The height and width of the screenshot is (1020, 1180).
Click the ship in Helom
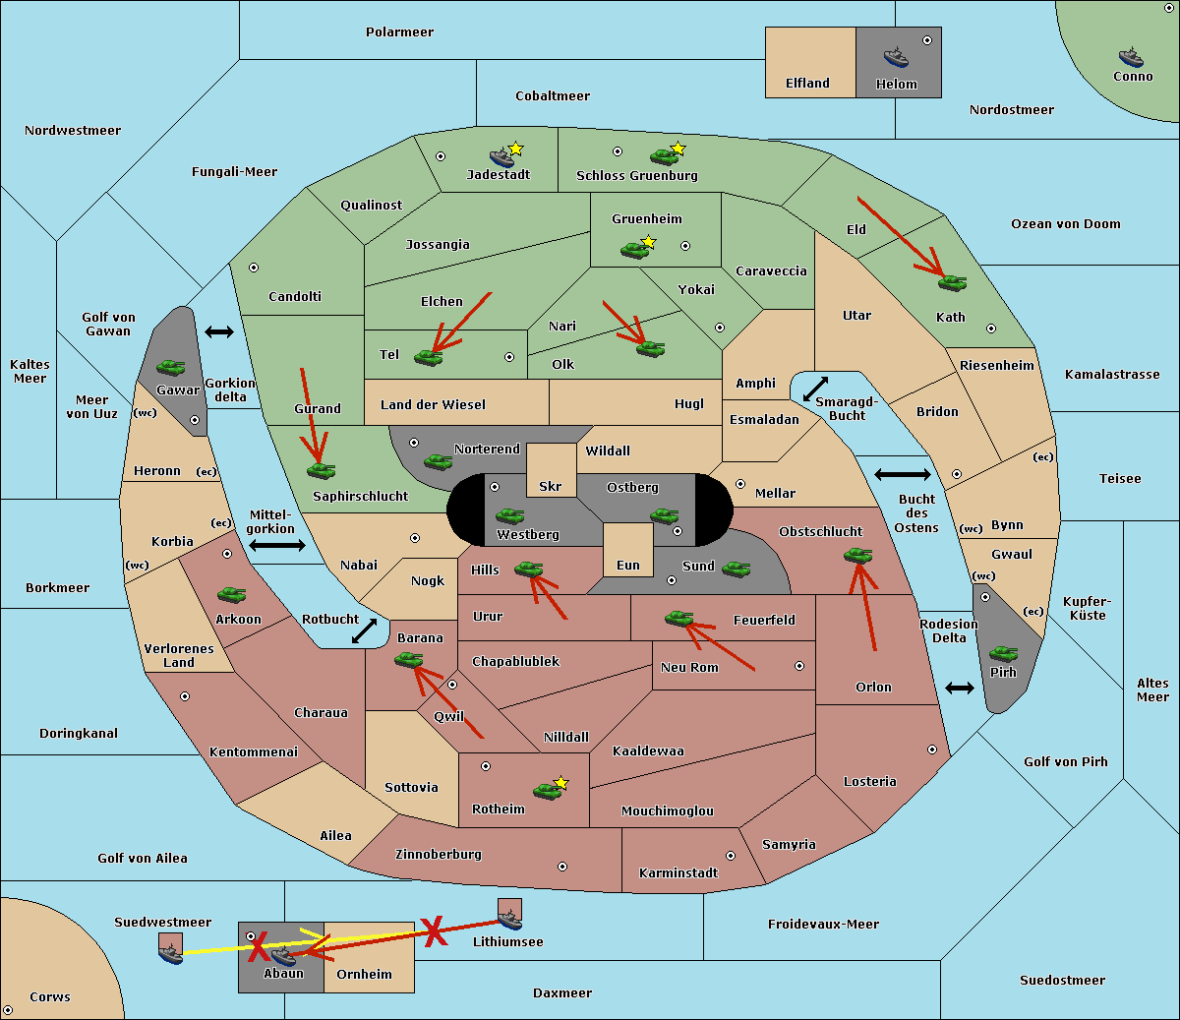coord(896,57)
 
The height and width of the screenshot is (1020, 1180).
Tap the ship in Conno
coord(1131,57)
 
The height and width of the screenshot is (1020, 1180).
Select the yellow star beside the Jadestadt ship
coord(515,149)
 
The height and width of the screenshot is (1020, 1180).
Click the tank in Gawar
coord(171,367)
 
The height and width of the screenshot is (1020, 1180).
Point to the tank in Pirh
coord(1004,653)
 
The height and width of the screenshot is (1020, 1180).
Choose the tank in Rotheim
coord(547,791)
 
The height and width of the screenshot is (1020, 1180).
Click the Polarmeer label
coord(399,32)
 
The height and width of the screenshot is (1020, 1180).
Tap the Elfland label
coord(807,84)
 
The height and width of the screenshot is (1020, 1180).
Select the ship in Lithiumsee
coord(509,920)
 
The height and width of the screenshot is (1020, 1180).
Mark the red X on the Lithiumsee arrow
coord(434,931)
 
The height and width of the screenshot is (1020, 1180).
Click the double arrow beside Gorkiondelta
coord(219,331)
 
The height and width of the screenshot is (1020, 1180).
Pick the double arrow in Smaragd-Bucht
coord(815,389)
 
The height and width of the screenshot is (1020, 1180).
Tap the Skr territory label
coord(551,486)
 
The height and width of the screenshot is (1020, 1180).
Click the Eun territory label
coord(628,565)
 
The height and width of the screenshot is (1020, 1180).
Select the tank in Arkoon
coord(232,595)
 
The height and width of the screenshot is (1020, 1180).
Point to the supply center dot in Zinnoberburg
coord(562,867)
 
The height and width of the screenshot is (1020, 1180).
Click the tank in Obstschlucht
coord(858,555)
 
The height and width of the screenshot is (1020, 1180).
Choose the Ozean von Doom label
coord(1066,224)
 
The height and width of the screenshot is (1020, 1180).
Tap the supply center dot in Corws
coord(8,1010)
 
